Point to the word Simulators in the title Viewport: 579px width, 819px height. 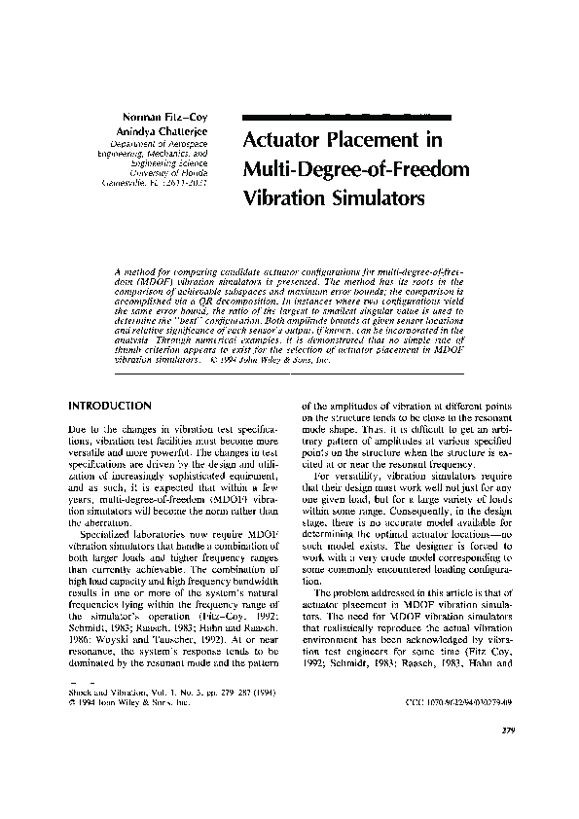click(x=375, y=200)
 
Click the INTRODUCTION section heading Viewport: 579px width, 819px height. click(x=109, y=405)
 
